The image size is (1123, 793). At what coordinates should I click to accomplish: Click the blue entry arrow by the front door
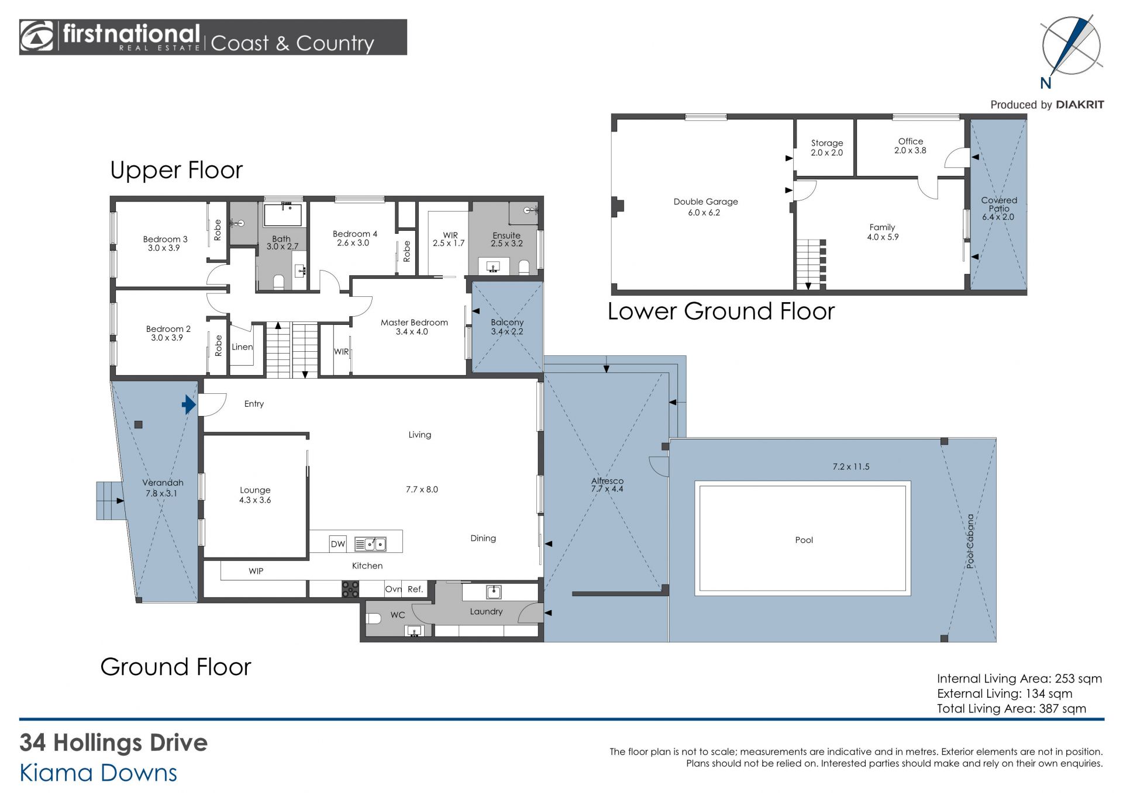coord(188,404)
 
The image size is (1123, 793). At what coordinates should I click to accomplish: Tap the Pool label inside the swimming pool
coord(804,540)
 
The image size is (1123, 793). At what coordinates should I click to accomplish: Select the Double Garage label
coord(705,202)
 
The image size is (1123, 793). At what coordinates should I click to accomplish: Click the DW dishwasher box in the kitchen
coord(338,544)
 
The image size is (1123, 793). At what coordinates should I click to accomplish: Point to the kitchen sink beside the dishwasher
coord(370,545)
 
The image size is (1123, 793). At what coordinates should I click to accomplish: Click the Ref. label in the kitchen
coord(415,589)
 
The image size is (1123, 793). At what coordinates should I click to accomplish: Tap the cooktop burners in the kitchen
coord(350,589)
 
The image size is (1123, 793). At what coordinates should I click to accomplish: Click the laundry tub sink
coord(494,593)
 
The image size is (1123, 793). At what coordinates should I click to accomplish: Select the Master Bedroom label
coord(414,322)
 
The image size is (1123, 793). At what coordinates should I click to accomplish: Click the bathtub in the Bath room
coord(283,214)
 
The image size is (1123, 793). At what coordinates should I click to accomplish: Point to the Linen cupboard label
coord(242,347)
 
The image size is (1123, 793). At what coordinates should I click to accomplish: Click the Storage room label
coord(827,143)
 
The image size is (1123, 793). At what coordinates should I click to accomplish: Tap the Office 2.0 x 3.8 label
coord(910,146)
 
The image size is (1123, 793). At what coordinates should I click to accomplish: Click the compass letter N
coord(1046,84)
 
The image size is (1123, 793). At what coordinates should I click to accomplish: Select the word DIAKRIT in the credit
coord(1080,105)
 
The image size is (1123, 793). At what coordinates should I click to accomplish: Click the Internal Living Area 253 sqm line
coord(1019,678)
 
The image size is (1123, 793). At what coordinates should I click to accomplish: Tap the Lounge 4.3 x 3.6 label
coord(255,495)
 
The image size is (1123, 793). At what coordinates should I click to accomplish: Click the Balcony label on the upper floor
coord(507,322)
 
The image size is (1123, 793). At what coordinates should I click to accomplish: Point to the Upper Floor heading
coord(176,170)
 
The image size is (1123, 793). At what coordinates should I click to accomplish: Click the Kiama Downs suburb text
coord(98,773)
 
